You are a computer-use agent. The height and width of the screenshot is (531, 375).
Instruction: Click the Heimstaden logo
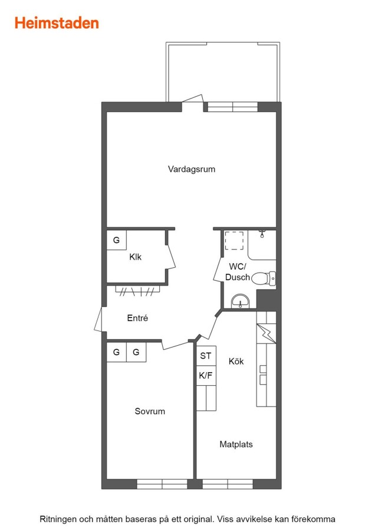pos(57,23)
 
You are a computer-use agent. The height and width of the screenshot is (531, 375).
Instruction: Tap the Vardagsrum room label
pos(192,169)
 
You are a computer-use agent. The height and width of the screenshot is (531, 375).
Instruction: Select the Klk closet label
pos(136,257)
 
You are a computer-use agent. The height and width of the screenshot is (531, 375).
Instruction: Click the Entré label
pos(137,317)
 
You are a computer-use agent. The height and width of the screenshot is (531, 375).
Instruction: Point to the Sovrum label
pos(150,411)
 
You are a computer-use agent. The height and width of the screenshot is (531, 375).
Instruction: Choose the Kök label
pos(236,361)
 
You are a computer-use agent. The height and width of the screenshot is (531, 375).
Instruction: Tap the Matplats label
pos(236,444)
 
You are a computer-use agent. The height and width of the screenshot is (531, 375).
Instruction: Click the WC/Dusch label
pos(237,271)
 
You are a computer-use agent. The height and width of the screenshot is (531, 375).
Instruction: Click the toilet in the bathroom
pos(264,278)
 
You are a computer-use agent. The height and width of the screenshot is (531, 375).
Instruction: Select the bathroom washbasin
pos(241,301)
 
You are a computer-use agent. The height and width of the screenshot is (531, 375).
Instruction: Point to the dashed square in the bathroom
pos(234,241)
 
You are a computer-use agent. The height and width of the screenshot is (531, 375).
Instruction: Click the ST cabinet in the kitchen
pos(206,356)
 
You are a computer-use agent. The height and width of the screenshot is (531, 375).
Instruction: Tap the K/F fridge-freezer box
pos(206,375)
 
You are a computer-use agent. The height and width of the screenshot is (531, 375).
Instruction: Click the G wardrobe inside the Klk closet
pos(116,240)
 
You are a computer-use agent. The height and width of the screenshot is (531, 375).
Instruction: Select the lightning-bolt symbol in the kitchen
pos(267,333)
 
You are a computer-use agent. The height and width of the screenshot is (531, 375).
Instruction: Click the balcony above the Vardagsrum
pos(223,72)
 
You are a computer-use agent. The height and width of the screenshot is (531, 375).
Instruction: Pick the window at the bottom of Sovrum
pos(162,484)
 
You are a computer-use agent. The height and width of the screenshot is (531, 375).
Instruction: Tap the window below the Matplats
pos(228,484)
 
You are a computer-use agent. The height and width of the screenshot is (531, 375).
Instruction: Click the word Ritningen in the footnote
pos(58,519)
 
